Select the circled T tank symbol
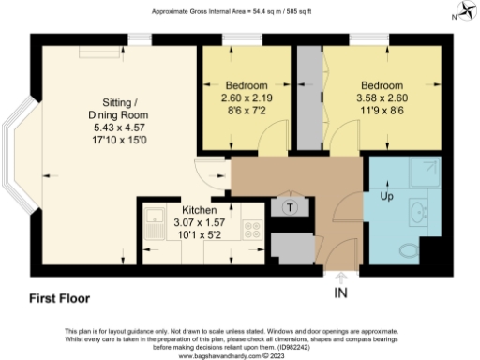(x=290, y=207)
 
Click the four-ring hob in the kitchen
(x=252, y=227)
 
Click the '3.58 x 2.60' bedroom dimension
(x=383, y=97)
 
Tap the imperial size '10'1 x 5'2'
(x=199, y=235)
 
